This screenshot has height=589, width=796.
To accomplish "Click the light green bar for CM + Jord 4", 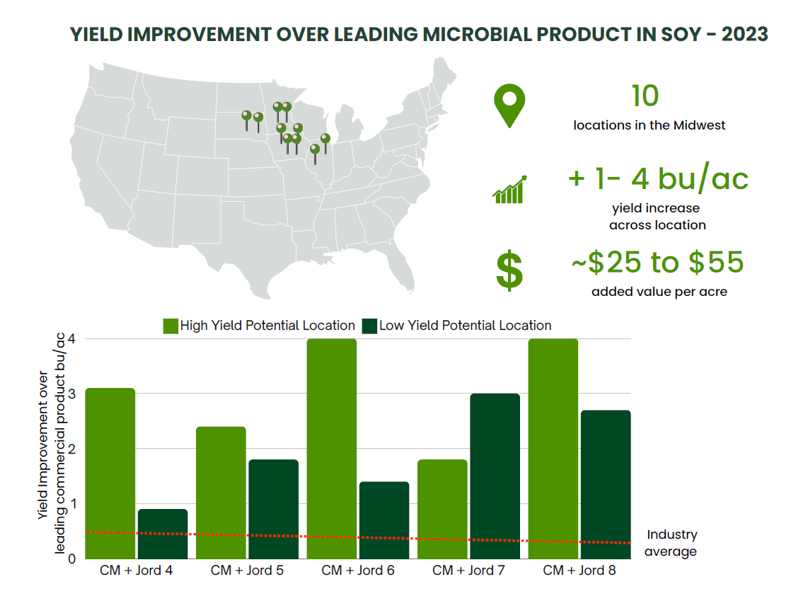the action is tap(110, 473).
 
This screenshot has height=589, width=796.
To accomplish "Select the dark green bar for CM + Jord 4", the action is tap(163, 534).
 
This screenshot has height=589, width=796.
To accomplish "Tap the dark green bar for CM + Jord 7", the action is tap(495, 476).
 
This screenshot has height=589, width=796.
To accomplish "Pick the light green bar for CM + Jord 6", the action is tap(332, 449).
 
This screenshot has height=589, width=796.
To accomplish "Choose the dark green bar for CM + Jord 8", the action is tap(606, 484).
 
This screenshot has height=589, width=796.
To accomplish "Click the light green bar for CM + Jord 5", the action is tap(221, 493).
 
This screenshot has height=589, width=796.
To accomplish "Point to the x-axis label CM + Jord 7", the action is tap(468, 570).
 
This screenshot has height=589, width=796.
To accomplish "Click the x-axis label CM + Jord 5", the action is tap(247, 570).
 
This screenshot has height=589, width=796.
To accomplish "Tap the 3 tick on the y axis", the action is tap(71, 394).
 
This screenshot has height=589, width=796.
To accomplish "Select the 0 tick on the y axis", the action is tap(71, 559).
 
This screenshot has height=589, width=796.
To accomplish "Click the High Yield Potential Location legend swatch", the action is tap(171, 326).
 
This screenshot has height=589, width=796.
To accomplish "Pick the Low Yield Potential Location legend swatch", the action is tap(369, 326).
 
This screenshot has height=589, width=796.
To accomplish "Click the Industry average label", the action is tap(671, 543).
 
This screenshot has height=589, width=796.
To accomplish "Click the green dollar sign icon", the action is tap(509, 270).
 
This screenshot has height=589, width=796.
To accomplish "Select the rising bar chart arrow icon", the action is tap(509, 190).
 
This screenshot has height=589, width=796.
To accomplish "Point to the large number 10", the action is tap(645, 96).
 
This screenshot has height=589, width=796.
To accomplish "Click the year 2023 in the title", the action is tap(745, 34).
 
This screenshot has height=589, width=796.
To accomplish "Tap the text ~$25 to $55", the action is tap(658, 262).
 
